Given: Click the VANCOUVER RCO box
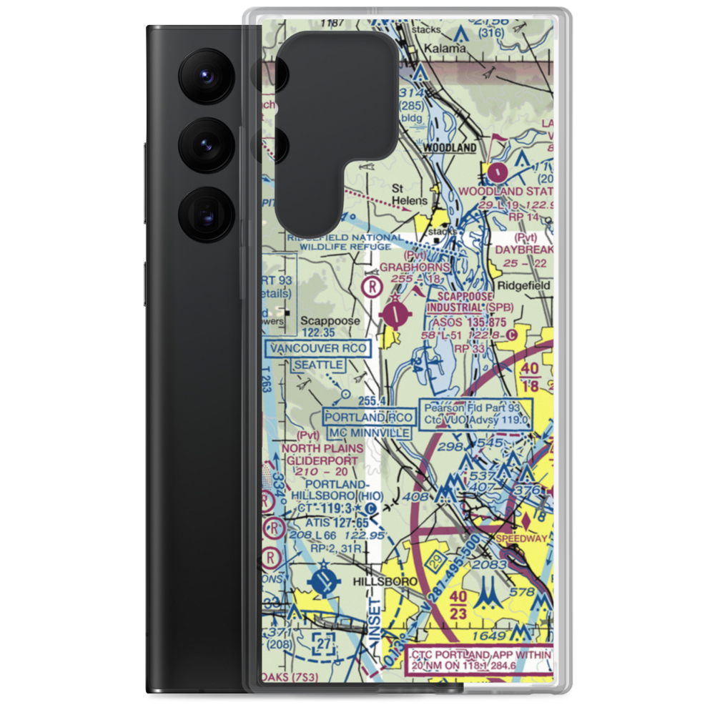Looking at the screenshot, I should tap(318, 349).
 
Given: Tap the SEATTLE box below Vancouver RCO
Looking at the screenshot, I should tap(319, 365).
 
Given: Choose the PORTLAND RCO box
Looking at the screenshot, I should tap(368, 418).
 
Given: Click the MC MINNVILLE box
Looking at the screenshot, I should tap(370, 433).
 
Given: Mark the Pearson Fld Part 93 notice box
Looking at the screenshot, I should tap(476, 414).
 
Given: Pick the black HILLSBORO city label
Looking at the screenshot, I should tap(385, 583).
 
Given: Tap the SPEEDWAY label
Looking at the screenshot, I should tap(526, 538).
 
